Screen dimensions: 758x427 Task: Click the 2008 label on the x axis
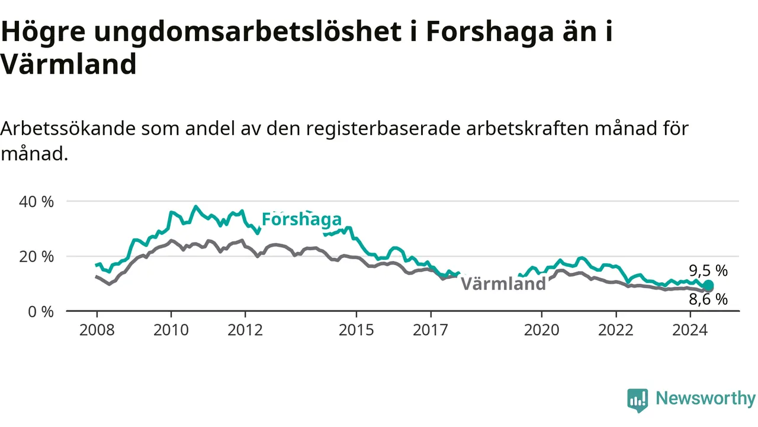click(x=97, y=330)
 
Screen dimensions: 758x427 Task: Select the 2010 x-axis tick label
click(x=171, y=330)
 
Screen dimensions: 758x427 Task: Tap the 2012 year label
click(x=245, y=330)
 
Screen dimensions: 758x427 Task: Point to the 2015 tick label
click(x=356, y=330)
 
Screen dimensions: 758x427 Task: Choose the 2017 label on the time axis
click(x=431, y=330)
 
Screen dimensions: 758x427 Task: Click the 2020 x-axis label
click(x=542, y=330)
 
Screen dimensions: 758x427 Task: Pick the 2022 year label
click(x=616, y=330)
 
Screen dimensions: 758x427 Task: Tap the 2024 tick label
click(x=690, y=330)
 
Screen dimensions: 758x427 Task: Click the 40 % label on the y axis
click(x=36, y=202)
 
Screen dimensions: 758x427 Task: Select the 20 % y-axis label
click(x=36, y=257)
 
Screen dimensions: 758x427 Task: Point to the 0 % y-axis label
click(x=41, y=312)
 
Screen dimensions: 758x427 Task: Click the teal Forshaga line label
click(x=301, y=219)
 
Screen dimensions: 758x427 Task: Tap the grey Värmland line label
click(x=503, y=283)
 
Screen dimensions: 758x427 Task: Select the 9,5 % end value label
click(x=708, y=271)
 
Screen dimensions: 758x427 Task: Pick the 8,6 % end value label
click(x=708, y=299)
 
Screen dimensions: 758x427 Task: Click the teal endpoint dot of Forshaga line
click(x=708, y=285)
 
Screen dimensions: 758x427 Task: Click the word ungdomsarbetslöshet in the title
click(x=248, y=32)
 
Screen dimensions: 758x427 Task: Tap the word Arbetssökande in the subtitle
click(x=68, y=129)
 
